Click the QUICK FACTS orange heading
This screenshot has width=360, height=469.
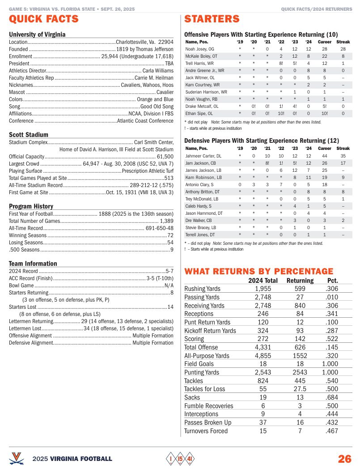pyautogui.click(x=44, y=19)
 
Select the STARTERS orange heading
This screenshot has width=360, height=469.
pyautogui.click(x=212, y=19)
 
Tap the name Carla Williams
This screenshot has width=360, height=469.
pyautogui.click(x=158, y=71)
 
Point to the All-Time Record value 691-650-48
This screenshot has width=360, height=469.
pyautogui.click(x=159, y=228)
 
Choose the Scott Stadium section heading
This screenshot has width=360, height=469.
pyautogui.click(x=29, y=135)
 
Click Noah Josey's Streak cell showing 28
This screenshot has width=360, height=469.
pyautogui.click(x=343, y=49)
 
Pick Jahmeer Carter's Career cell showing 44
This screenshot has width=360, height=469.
pyautogui.click(x=325, y=156)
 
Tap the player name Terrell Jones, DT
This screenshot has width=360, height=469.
pyautogui.click(x=200, y=234)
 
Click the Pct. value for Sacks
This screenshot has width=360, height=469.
pyautogui.click(x=332, y=397)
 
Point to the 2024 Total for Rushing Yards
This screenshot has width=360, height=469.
pyautogui.click(x=263, y=289)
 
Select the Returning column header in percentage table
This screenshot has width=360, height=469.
pyautogui.click(x=300, y=281)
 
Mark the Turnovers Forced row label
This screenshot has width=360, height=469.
pyautogui.click(x=206, y=431)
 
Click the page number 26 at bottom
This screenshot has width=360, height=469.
pyautogui.click(x=344, y=459)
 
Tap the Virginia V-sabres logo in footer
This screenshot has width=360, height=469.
pyautogui.click(x=17, y=458)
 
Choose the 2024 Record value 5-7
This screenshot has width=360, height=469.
pyautogui.click(x=169, y=271)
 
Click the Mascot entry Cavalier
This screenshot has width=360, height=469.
pyautogui.click(x=165, y=92)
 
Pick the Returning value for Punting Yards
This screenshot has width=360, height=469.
pyautogui.click(x=300, y=372)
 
